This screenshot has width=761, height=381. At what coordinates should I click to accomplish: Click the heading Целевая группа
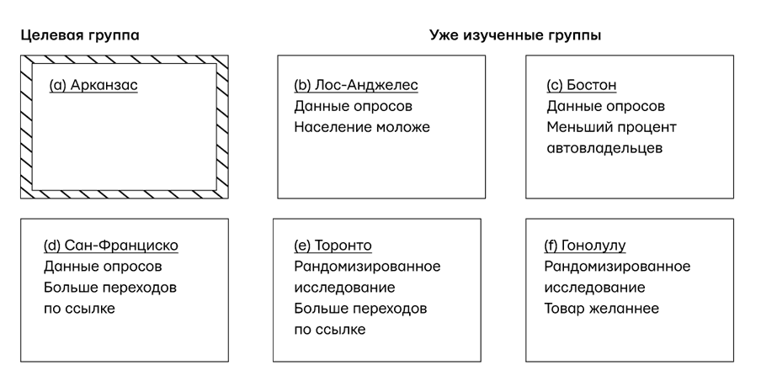pos(80,35)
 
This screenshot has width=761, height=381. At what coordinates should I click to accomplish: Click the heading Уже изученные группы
pos(515,35)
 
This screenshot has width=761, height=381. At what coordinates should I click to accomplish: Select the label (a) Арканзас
pos(93,85)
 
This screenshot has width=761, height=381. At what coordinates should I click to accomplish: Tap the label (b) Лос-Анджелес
pos(355,85)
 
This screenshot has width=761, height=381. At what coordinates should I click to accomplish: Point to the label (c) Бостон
pos(582,85)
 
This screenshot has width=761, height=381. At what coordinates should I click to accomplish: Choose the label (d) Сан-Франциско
pos(111,246)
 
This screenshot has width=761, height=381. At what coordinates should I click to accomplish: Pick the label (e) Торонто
pos(333,246)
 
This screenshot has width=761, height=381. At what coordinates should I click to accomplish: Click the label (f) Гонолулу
pos(585,246)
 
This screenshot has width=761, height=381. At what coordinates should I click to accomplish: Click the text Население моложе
pos(362,127)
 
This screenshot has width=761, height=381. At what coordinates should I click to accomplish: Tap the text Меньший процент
pos(611,127)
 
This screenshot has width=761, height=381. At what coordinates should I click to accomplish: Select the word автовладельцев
pos(604,148)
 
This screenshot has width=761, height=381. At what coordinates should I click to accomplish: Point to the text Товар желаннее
pos(601,309)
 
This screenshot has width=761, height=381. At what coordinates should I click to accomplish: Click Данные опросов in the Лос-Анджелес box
pos(354,106)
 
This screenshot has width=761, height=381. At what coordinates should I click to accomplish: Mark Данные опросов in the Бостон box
pos(605,106)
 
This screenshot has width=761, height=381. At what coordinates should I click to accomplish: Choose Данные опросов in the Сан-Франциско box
pos(103,267)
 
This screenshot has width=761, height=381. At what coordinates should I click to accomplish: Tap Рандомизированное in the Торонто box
pos(367,267)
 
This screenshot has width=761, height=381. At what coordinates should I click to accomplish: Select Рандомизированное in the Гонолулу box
pos(617,267)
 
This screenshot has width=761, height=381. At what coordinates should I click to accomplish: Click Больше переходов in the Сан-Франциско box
pos(109,288)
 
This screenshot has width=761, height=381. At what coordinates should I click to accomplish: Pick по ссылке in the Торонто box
pos(330,330)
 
